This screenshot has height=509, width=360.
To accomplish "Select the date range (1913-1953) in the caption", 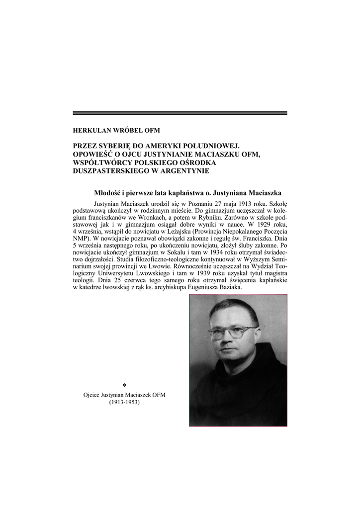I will [x=124, y=403].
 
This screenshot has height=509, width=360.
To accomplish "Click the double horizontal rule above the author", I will [x=180, y=113].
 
